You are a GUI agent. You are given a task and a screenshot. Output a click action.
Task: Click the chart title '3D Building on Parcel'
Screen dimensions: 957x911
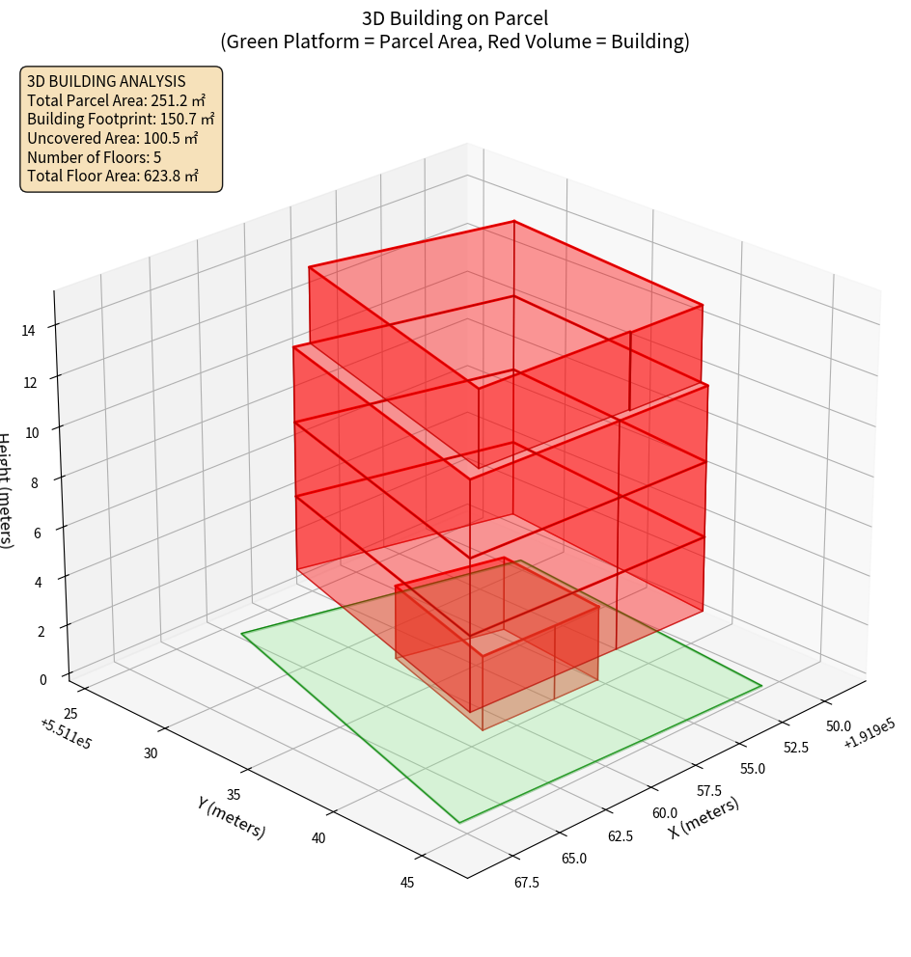pyautogui.click(x=455, y=17)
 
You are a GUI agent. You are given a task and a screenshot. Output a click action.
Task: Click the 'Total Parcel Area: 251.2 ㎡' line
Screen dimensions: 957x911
pyautogui.click(x=117, y=100)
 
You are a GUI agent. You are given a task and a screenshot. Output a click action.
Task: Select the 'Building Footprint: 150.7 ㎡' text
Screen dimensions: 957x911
pyautogui.click(x=121, y=120)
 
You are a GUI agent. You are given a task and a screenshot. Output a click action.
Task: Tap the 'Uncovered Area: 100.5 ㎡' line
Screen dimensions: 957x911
pyautogui.click(x=116, y=138)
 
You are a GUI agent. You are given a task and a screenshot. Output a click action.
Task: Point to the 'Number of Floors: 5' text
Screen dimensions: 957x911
pyautogui.click(x=94, y=157)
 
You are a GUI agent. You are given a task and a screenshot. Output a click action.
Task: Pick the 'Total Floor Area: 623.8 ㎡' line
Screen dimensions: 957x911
pyautogui.click(x=113, y=176)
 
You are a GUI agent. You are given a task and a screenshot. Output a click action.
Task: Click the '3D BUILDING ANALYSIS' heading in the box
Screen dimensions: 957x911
pyautogui.click(x=106, y=81)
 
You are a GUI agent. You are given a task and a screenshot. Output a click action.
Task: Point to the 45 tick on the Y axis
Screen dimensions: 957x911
pyautogui.click(x=406, y=882)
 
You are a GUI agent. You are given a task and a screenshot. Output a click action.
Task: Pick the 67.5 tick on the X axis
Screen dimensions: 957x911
pyautogui.click(x=527, y=882)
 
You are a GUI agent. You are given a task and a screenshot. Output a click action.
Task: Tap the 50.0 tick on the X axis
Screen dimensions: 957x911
pyautogui.click(x=838, y=725)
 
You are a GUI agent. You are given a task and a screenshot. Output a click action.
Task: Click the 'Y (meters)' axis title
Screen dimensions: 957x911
pyautogui.click(x=231, y=817)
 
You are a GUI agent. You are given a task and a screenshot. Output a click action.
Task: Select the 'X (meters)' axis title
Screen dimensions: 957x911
pyautogui.click(x=704, y=817)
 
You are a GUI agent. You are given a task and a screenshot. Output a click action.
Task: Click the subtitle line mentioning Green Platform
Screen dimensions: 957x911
pyautogui.click(x=455, y=41)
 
